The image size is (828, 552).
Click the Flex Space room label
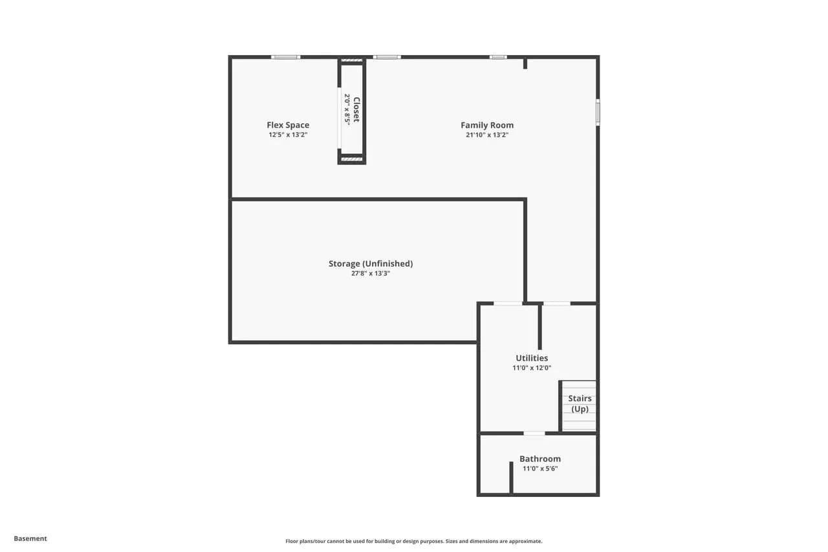coord(288,125)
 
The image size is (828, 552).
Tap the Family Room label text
coord(487,125)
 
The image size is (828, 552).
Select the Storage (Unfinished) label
coord(371,263)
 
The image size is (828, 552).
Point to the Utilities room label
coord(532,358)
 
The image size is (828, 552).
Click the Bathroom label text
coord(540,459)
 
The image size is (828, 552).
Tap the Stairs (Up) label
coord(580,403)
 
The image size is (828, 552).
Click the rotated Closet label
coord(356,109)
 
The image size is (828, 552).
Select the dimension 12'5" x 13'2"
coord(288,135)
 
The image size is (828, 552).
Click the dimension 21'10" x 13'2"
coord(487,135)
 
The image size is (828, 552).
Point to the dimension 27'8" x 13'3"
coord(371,273)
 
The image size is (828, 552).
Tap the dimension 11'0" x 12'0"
coord(532,368)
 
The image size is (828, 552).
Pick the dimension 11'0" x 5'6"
coord(540,469)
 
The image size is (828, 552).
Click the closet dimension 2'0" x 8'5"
coord(347,109)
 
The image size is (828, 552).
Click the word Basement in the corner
coord(30,538)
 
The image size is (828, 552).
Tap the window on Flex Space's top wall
coord(286,57)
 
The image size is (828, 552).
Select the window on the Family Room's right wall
coord(598,112)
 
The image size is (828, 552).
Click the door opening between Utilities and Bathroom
coord(534,433)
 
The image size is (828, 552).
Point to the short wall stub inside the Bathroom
coord(511,478)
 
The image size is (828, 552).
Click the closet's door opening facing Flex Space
coord(339,118)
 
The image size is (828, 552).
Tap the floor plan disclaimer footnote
coord(413,541)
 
